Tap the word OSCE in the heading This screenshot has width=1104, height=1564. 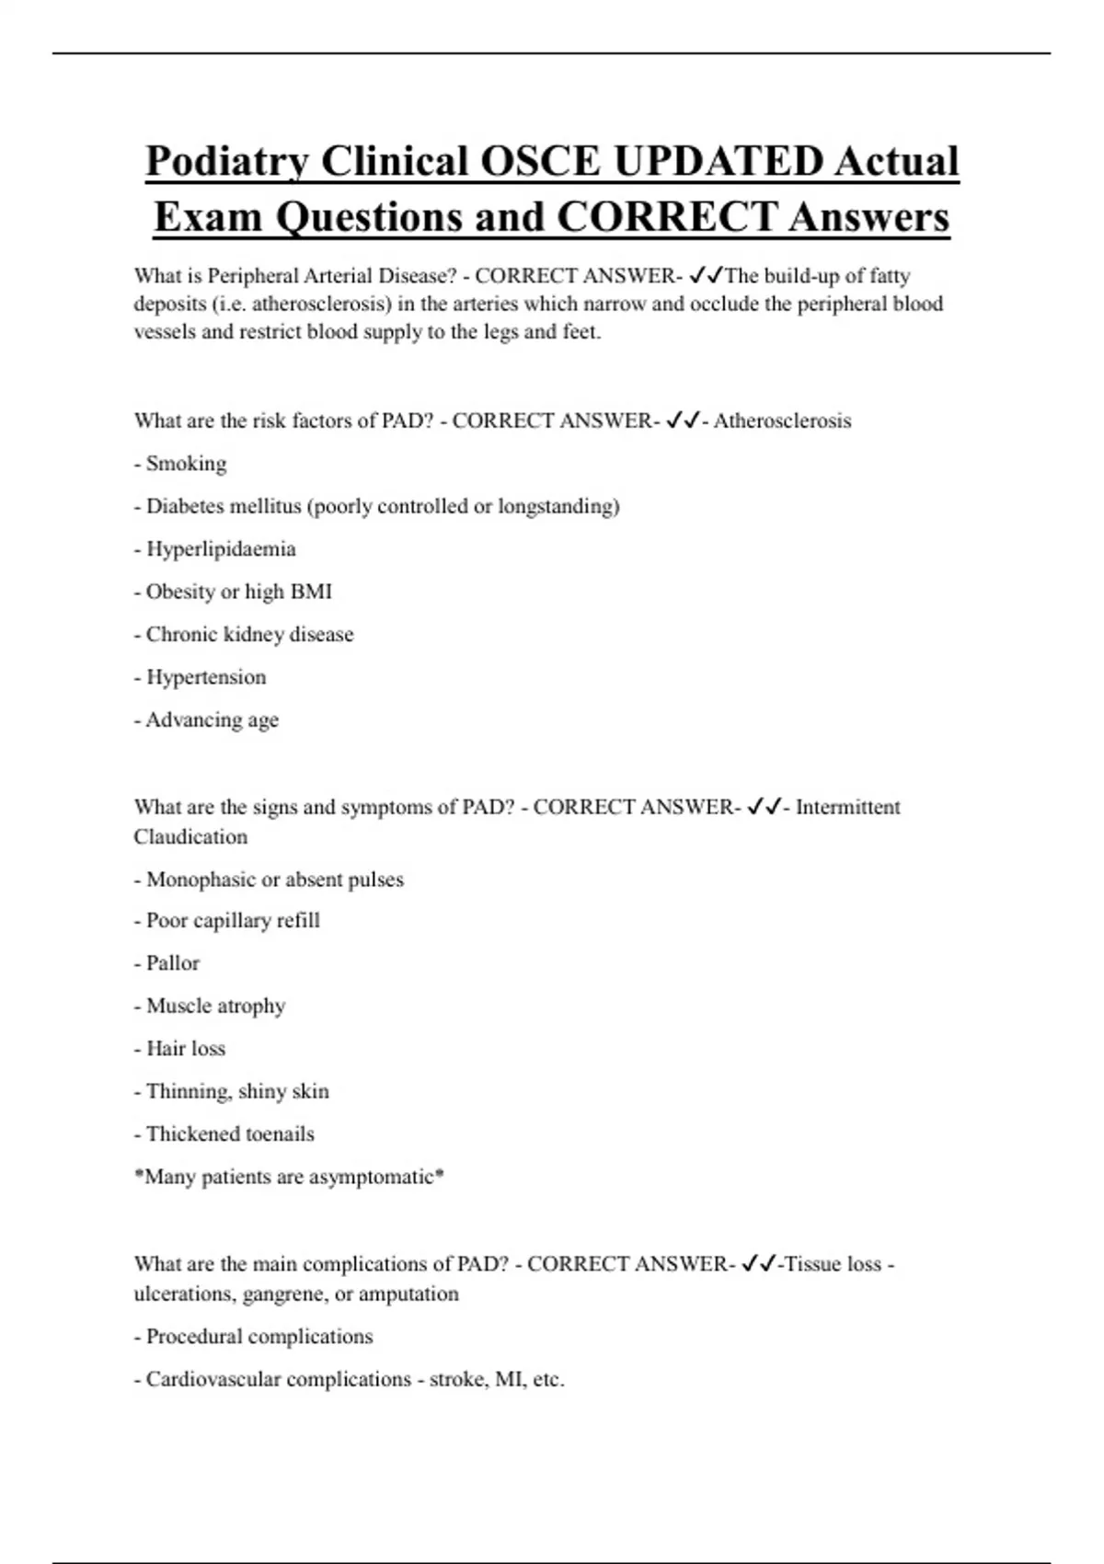[x=539, y=163]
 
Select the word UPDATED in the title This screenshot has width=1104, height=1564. [x=718, y=163]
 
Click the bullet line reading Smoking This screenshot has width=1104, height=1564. [x=185, y=464]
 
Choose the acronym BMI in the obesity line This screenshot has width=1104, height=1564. [x=311, y=592]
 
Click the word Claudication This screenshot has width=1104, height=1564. [x=190, y=837]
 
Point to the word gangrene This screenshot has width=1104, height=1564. [x=285, y=1294]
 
